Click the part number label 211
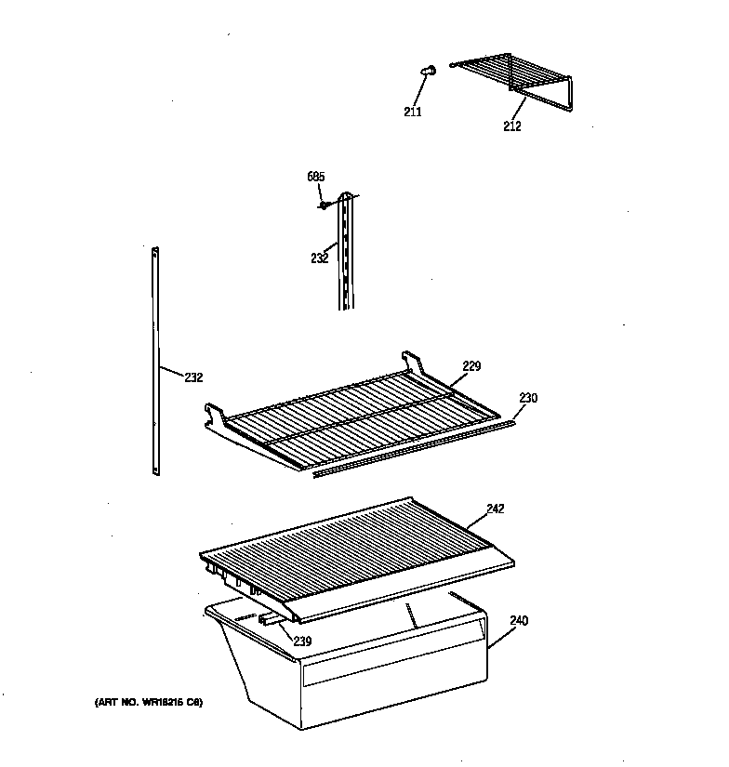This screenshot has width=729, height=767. pos(412,112)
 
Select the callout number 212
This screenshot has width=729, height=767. pos(511,126)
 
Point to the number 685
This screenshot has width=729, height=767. pos(316,177)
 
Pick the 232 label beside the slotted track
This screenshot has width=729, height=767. pos(319,258)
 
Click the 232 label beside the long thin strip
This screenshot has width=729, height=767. pos(192,377)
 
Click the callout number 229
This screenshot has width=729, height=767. pos(471,366)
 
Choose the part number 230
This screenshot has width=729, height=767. pos(527,398)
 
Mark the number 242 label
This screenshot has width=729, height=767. pos(495,509)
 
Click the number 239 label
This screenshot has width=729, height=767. pos(302,641)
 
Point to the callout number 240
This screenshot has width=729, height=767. pos(518,622)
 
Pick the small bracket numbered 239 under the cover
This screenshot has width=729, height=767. pos(272,616)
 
